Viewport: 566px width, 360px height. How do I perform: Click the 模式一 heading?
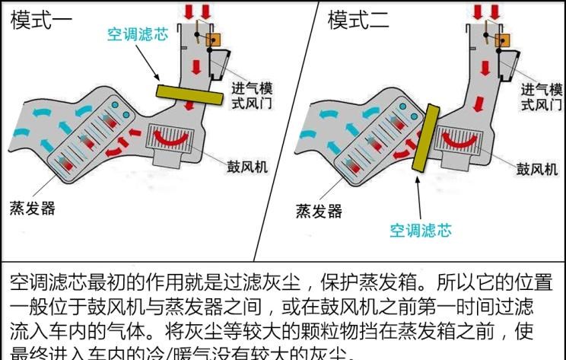tap(42, 21)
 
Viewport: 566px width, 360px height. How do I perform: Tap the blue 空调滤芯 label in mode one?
tap(137, 33)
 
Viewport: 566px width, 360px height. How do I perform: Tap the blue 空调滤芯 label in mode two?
tap(421, 229)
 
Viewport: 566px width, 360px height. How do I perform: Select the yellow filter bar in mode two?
tap(422, 136)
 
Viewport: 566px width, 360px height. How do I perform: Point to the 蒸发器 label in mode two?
tap(318, 211)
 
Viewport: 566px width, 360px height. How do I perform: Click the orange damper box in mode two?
tap(502, 39)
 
